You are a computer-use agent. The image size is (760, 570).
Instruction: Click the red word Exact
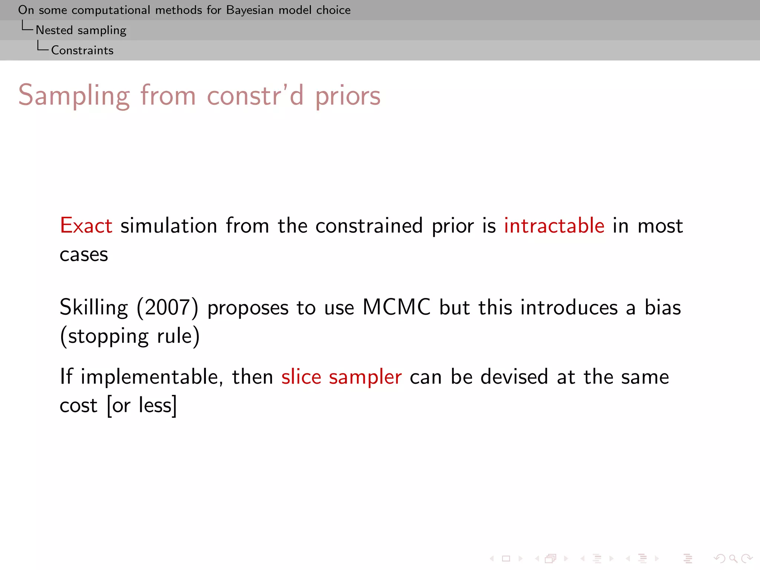point(86,226)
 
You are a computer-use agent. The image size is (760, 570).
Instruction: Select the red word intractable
point(554,226)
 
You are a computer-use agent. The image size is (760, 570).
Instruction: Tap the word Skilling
point(94,308)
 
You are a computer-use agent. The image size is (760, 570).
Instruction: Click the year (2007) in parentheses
point(167,308)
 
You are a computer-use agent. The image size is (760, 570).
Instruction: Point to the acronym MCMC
point(396,307)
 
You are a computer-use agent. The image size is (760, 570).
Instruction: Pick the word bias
point(662,307)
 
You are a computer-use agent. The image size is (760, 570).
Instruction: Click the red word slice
point(301,377)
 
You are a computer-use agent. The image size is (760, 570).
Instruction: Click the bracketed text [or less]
point(142,406)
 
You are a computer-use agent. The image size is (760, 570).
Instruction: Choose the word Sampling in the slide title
point(74,96)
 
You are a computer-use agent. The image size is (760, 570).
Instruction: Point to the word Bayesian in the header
point(250,10)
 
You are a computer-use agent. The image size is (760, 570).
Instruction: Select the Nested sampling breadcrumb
point(81,30)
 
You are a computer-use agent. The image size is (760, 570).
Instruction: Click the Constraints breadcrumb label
point(82,50)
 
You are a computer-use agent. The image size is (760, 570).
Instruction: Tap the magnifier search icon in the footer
point(733,558)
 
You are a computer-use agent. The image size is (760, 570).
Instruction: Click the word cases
point(84,255)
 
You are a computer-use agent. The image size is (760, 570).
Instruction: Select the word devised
point(514,377)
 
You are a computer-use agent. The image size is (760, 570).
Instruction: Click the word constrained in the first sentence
point(369,226)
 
